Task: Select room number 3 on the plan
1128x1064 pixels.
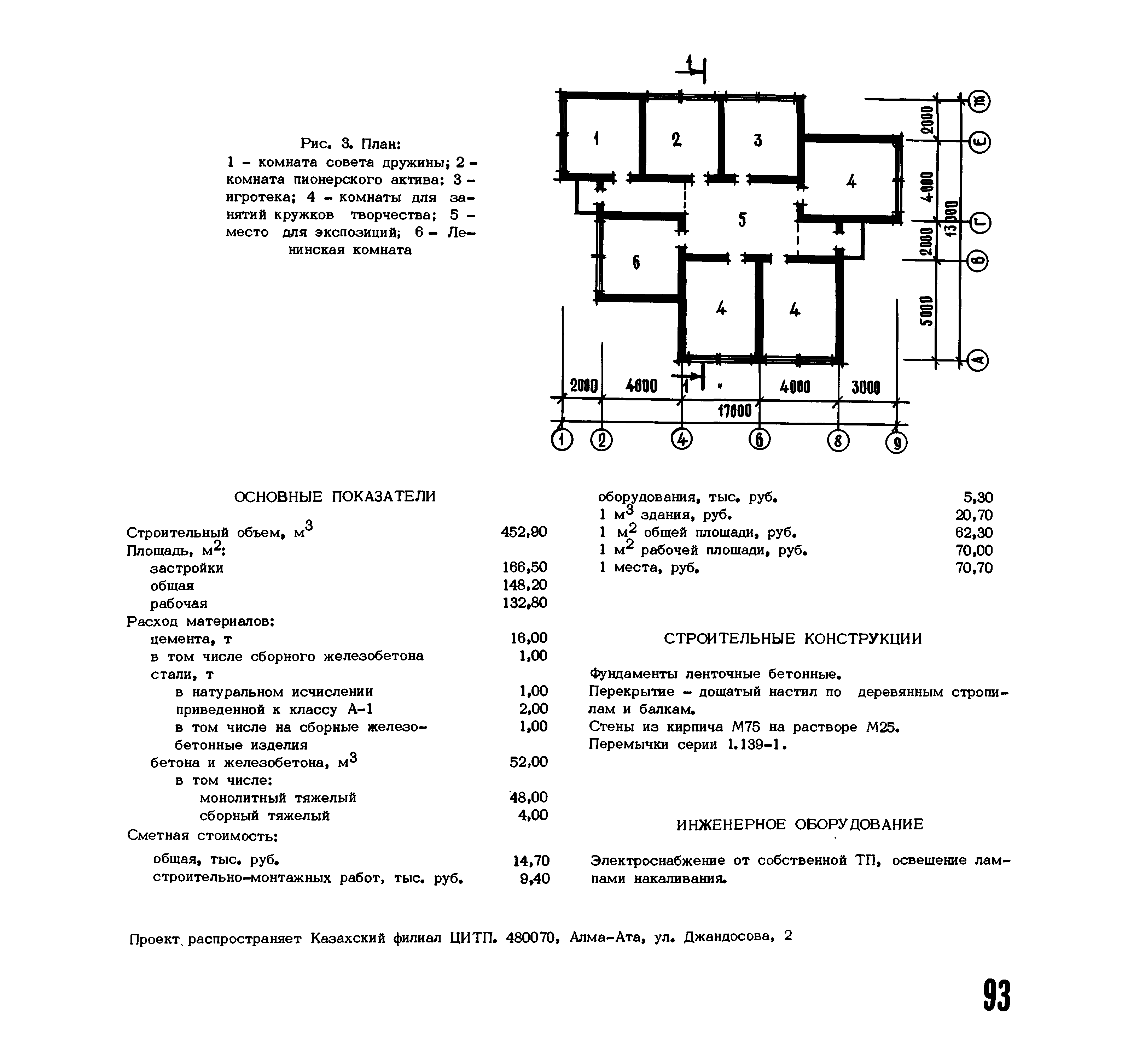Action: coord(758,140)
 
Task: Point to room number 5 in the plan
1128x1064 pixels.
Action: coord(742,219)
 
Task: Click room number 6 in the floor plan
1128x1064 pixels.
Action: coord(636,262)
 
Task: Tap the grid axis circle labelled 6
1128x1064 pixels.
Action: coord(759,440)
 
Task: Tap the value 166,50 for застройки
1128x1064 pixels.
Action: coord(525,567)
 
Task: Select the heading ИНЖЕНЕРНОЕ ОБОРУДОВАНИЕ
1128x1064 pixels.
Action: coord(800,824)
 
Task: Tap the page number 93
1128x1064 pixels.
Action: coord(996,995)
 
